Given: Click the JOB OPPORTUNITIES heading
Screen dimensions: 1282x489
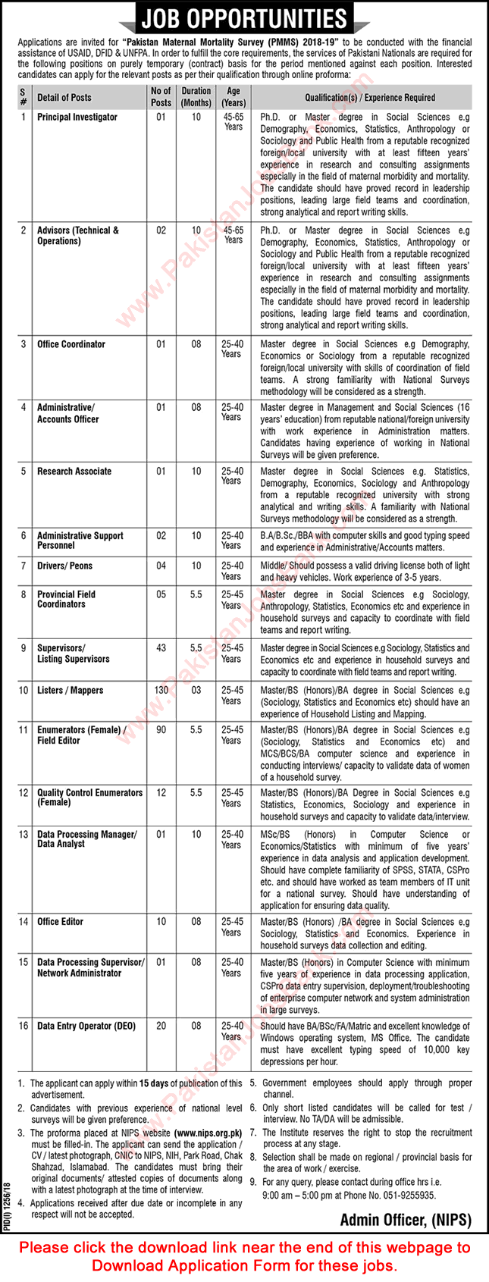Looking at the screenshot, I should click(x=243, y=18).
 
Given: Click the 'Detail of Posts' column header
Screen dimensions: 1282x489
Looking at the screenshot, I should click(x=64, y=97).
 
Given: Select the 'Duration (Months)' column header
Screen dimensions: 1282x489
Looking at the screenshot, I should click(x=196, y=97).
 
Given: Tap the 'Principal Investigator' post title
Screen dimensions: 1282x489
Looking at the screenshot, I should click(x=77, y=118).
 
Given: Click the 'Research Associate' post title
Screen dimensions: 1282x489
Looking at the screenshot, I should click(x=74, y=472).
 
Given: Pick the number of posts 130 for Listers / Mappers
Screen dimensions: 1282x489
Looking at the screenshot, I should click(x=161, y=691).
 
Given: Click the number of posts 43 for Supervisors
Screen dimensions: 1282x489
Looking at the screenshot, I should click(x=161, y=648).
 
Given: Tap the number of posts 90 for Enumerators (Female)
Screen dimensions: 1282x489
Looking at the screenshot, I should click(x=161, y=730).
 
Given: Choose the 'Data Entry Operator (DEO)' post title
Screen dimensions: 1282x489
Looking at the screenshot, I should click(x=86, y=1026).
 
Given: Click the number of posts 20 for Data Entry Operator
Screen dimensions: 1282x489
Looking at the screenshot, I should click(x=161, y=1026).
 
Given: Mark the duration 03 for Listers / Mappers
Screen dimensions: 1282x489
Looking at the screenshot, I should click(x=196, y=691).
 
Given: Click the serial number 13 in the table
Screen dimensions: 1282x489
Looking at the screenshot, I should click(x=24, y=835).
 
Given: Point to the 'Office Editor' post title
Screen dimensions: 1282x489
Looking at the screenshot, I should click(x=61, y=922).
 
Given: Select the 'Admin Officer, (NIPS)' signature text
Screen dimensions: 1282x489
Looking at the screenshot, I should click(x=406, y=1220).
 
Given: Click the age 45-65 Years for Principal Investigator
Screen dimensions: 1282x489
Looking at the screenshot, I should click(x=233, y=122).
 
